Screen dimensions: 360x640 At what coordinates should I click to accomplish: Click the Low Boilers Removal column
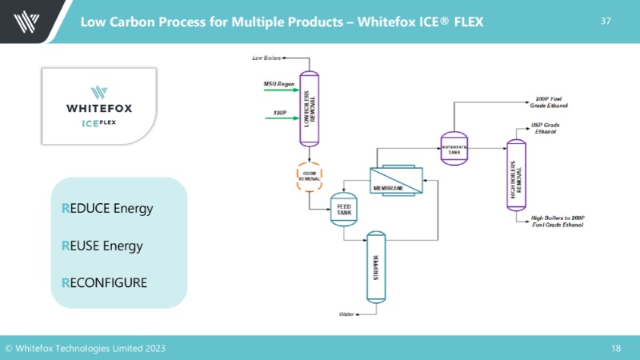point(309,108)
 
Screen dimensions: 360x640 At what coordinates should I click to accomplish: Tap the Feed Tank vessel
point(344,209)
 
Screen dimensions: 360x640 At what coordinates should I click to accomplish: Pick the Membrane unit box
point(396,181)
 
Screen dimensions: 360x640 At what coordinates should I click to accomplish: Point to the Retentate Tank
point(454,146)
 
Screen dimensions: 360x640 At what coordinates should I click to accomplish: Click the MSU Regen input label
point(279,84)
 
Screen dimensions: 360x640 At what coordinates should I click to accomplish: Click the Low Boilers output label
point(267,58)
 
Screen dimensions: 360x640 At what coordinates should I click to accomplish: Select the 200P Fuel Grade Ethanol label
point(554,102)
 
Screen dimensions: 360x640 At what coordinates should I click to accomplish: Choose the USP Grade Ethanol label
point(547,128)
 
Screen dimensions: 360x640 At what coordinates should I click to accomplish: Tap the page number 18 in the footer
point(616,348)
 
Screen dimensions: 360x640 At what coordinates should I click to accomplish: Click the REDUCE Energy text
point(107,209)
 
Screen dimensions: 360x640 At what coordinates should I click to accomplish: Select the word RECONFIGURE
point(105,282)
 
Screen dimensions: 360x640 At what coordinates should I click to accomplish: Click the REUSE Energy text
point(102,246)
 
